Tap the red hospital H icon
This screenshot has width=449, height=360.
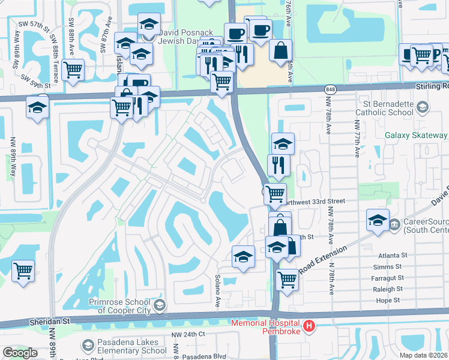[309, 326]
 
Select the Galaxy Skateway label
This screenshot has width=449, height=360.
[416, 136]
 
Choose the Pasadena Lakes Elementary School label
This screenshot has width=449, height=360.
[124, 346]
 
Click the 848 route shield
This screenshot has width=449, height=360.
[332, 89]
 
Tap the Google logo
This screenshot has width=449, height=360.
[20, 353]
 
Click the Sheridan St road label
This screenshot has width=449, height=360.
[50, 322]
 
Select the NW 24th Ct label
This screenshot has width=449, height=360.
[188, 334]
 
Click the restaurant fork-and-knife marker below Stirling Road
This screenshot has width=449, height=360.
[279, 165]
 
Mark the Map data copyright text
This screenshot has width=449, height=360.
[423, 355]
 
